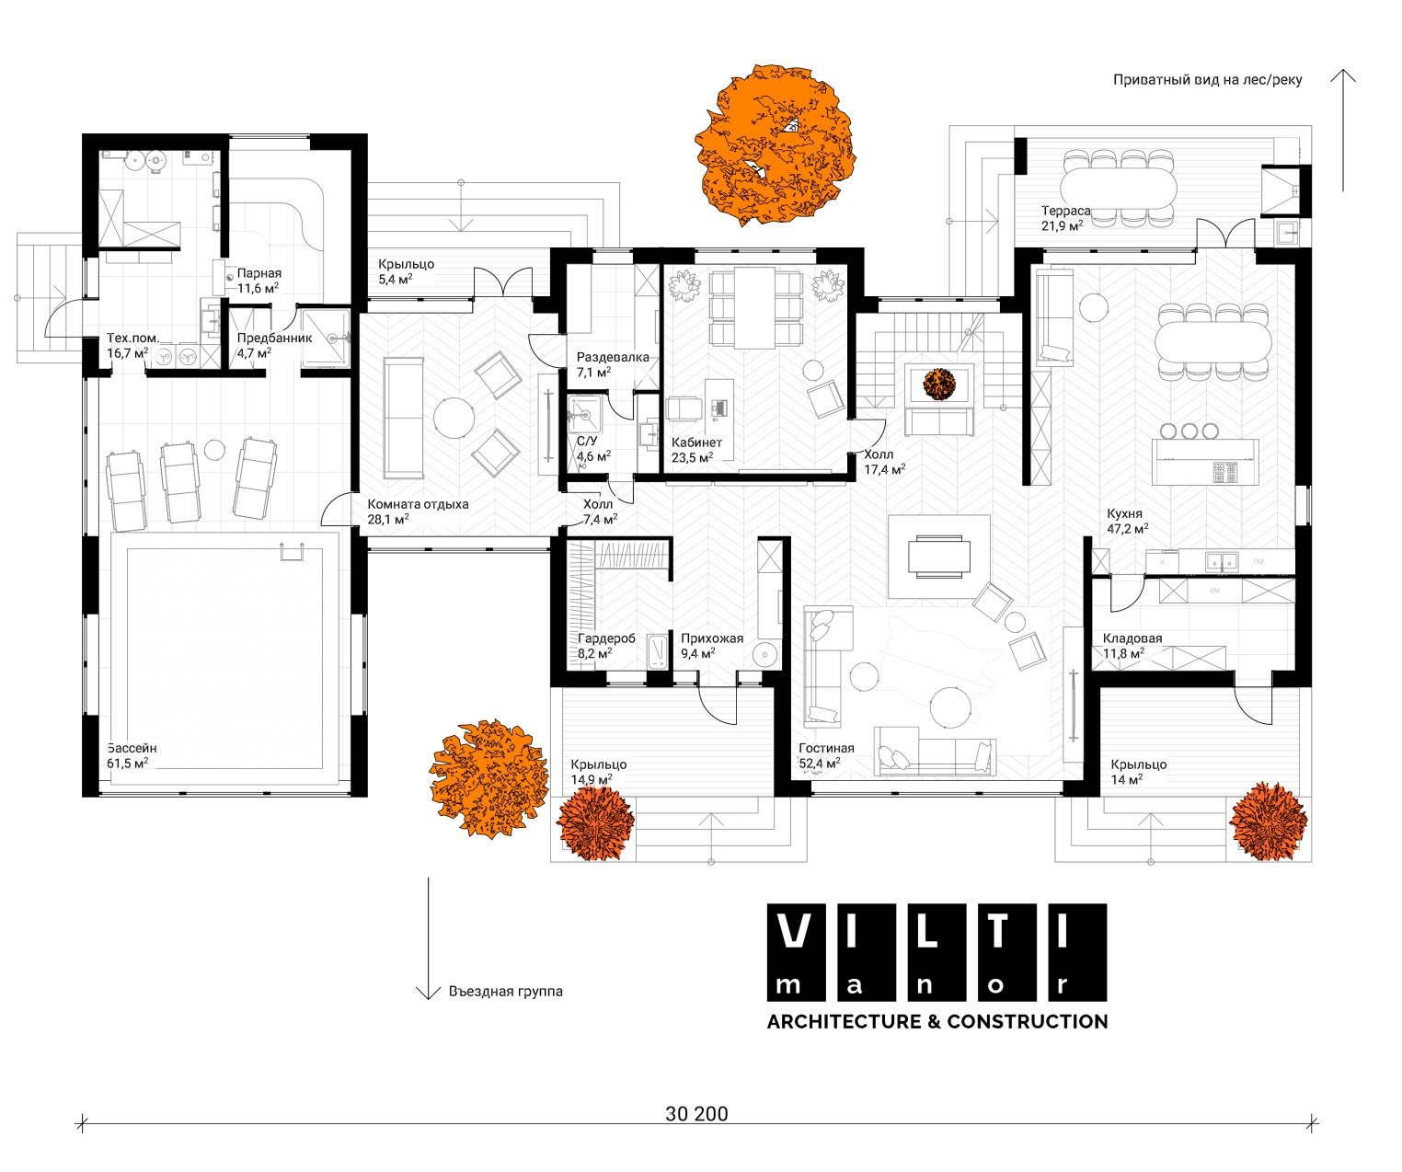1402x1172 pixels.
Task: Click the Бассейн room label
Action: click(x=132, y=748)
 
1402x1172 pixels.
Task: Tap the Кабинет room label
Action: click(x=696, y=442)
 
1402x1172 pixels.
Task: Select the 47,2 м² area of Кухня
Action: click(x=1127, y=529)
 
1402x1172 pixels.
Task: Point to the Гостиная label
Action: click(x=826, y=748)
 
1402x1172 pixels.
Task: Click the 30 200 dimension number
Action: click(x=696, y=1114)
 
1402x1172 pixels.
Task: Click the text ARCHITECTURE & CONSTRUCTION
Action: click(x=937, y=1021)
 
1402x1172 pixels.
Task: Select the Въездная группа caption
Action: click(x=506, y=992)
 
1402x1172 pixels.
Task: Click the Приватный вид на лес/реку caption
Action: click(x=1207, y=80)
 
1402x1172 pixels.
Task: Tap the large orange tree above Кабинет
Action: click(x=775, y=144)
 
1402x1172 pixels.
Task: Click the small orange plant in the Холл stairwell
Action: click(x=938, y=385)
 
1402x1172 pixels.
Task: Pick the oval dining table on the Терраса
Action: click(x=1119, y=188)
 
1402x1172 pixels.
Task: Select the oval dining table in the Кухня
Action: click(x=1213, y=342)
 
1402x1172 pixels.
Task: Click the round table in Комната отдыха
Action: click(x=454, y=418)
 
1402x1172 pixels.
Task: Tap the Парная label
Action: click(x=259, y=273)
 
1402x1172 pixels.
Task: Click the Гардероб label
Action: click(x=606, y=638)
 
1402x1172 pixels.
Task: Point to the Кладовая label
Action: click(x=1132, y=638)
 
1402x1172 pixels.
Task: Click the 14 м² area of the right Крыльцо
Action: click(x=1127, y=780)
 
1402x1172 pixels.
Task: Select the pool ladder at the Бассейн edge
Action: click(x=293, y=551)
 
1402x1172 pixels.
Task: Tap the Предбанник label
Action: click(x=275, y=338)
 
